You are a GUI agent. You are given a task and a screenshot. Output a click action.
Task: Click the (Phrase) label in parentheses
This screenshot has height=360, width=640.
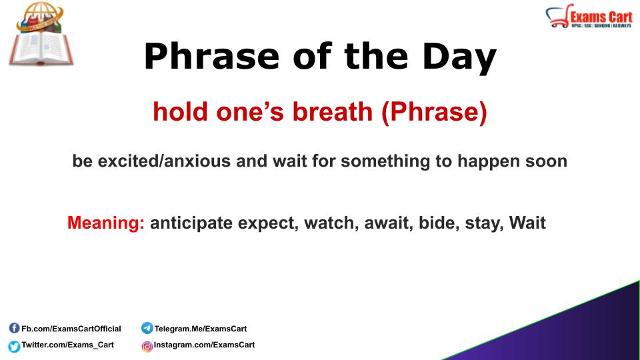pyautogui.click(x=434, y=112)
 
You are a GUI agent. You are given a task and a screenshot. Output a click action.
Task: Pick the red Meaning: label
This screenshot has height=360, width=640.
pyautogui.click(x=106, y=223)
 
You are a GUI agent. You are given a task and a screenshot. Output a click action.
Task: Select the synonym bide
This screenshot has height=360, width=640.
pyautogui.click(x=437, y=223)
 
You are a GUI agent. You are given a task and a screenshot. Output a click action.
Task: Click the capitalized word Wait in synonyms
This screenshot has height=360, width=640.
pyautogui.click(x=527, y=223)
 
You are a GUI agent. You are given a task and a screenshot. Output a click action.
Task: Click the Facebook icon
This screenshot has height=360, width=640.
pyautogui.click(x=14, y=328)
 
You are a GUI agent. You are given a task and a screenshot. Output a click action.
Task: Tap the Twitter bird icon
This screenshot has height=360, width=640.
pyautogui.click(x=14, y=346)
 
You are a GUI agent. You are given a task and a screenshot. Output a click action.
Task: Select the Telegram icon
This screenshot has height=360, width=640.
pyautogui.click(x=147, y=328)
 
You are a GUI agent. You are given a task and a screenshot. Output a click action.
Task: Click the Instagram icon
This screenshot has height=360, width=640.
pyautogui.click(x=147, y=346)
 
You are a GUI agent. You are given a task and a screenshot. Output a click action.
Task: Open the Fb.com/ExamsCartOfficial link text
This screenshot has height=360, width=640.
pyautogui.click(x=71, y=329)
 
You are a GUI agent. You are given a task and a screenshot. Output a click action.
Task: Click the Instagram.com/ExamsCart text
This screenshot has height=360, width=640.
pyautogui.click(x=204, y=345)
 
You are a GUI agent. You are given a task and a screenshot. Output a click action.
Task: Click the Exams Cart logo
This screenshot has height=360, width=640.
pyautogui.click(x=589, y=17)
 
